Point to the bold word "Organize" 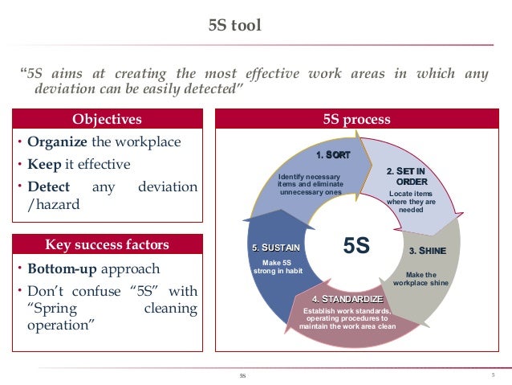pos(57,142)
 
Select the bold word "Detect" pos(49,187)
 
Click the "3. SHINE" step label pos(427,251)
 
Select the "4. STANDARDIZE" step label pos(347,300)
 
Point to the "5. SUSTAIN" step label pos(276,248)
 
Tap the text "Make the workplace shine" pos(426,279)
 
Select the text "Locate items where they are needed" pos(411,202)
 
